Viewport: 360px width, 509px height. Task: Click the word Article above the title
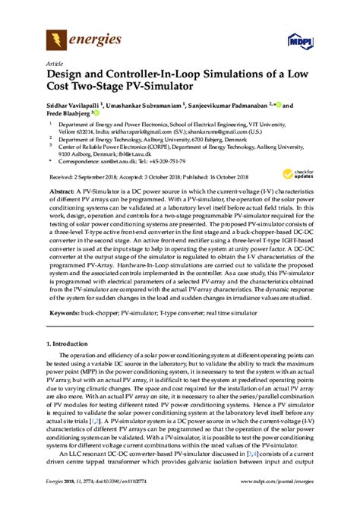tap(55, 65)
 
